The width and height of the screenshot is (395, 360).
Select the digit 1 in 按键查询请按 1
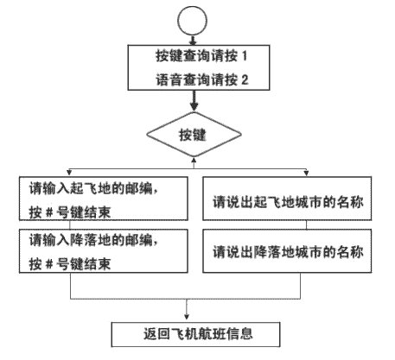tap(245, 56)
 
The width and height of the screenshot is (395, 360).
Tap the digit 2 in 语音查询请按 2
tap(245, 79)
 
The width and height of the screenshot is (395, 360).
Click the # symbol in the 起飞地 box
tap(49, 212)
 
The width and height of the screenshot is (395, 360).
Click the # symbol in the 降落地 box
tap(49, 264)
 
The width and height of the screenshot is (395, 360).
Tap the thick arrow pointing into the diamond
tap(194, 101)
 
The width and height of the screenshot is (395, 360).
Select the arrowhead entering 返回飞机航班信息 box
tap(187, 317)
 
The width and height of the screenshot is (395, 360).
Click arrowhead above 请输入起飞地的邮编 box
tap(69, 173)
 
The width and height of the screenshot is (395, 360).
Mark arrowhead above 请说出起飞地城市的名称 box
tap(306, 173)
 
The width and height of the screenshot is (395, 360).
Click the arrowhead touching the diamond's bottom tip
tap(194, 160)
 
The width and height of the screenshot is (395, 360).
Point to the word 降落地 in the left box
tap(90, 240)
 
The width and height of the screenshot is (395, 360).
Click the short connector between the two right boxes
tap(306, 225)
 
